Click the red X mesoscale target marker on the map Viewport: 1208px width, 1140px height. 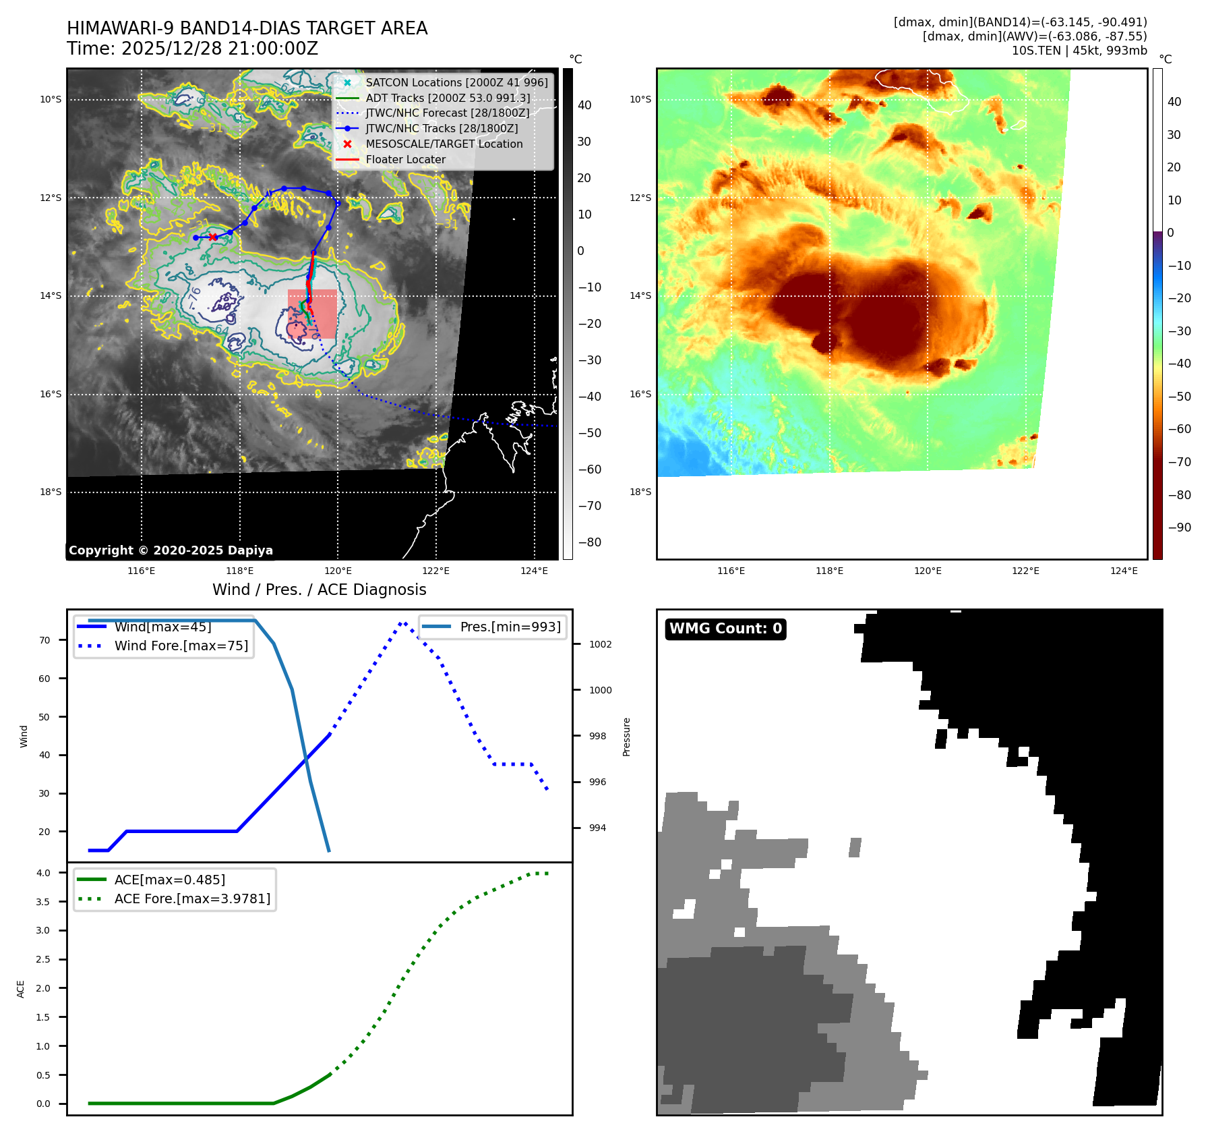tap(213, 237)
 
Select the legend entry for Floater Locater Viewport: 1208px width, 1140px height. tap(405, 160)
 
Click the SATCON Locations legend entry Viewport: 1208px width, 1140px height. tap(456, 82)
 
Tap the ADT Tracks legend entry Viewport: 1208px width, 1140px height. tap(448, 98)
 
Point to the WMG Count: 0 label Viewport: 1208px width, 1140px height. tap(725, 629)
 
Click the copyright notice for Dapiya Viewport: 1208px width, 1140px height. tap(171, 550)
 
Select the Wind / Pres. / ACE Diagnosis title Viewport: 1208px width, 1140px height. tap(319, 590)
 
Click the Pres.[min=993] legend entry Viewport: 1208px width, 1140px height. tap(510, 627)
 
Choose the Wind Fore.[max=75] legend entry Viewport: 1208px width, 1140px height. tap(181, 646)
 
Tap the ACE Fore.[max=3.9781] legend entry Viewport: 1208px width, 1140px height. tap(192, 899)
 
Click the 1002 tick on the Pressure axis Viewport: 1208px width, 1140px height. tap(600, 644)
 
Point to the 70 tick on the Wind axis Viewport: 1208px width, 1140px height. tap(44, 640)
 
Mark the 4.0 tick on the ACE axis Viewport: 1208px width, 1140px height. tap(43, 873)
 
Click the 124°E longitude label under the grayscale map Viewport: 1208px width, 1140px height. tap(534, 571)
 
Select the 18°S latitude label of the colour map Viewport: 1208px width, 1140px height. tap(640, 492)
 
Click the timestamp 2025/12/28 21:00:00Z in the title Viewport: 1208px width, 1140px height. tap(220, 49)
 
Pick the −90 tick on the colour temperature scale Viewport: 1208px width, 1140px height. tap(1179, 528)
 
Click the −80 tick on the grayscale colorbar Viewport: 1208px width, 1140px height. tap(589, 542)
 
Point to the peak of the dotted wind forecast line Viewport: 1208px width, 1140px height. tap(402, 623)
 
